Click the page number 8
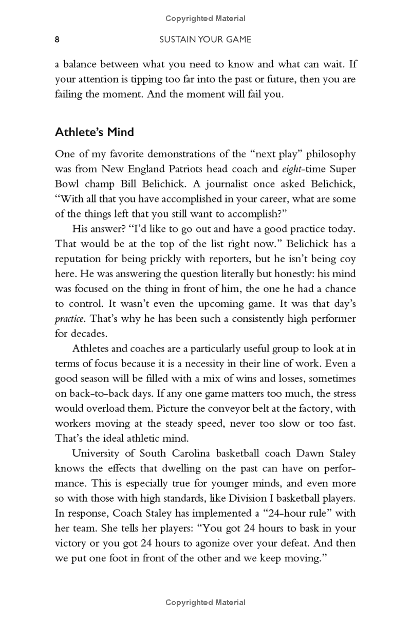point(58,39)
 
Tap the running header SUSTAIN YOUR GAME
point(206,39)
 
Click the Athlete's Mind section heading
point(95,132)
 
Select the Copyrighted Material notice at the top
point(206,19)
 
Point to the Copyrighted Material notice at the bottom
point(206,602)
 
